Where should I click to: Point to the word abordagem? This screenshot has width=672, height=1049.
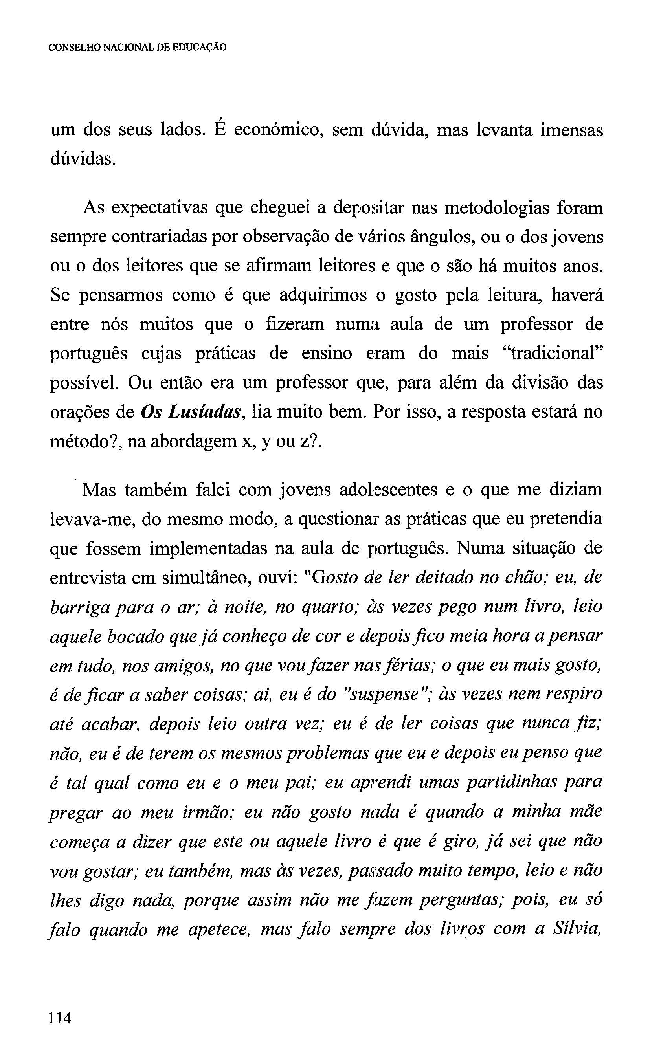[x=189, y=442]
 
